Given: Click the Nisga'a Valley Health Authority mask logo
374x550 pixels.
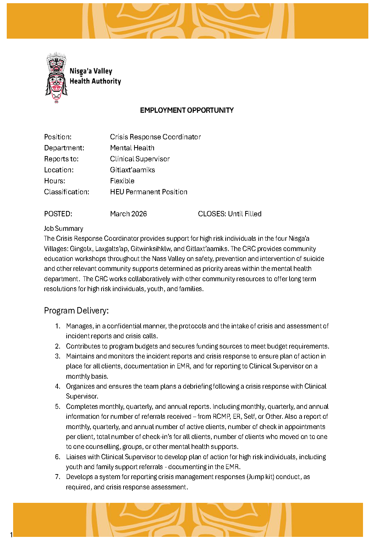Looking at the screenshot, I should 56,78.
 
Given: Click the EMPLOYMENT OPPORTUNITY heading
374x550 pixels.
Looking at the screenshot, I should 187,110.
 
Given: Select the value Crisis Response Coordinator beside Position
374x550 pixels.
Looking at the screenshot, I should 155,137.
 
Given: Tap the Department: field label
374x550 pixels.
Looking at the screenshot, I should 64,148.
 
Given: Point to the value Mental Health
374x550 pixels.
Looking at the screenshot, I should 132,148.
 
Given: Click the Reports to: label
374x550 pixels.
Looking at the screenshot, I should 61,159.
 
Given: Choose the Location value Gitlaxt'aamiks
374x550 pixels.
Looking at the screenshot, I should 132,170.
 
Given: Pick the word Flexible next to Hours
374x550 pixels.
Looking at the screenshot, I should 122,181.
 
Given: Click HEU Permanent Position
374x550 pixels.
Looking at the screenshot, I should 149,192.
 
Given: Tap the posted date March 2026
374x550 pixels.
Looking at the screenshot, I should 128,214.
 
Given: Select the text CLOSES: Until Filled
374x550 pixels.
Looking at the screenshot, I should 230,214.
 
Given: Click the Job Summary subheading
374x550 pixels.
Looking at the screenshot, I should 64,229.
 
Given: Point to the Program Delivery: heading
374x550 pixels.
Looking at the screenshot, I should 76,311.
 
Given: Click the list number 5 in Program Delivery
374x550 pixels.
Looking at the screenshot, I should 57,407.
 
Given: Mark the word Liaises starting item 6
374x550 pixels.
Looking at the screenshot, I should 77,457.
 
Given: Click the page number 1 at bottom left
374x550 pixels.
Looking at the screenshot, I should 11,535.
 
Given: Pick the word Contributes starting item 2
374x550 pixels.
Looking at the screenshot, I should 83,346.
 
